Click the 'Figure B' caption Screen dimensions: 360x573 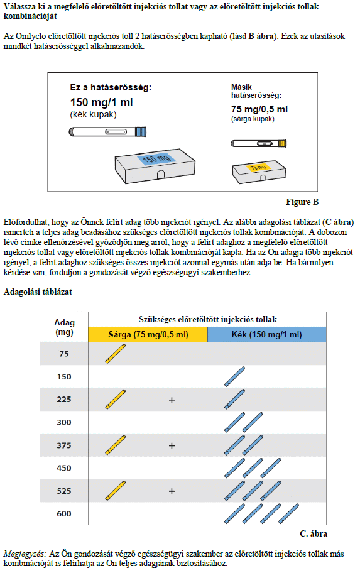click(302, 202)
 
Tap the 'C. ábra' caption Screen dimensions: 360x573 click(314, 533)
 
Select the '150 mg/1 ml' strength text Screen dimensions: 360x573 click(101, 102)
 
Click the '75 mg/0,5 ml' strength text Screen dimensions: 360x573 click(259, 109)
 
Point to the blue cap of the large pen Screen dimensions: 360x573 click(140, 131)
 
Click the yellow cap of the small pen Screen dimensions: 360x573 click(283, 143)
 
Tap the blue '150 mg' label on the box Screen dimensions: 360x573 click(157, 158)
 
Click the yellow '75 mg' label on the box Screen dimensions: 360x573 click(258, 167)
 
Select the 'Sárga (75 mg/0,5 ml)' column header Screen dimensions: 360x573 click(148, 335)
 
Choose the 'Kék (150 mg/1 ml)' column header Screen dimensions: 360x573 click(267, 335)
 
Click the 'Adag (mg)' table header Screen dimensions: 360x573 click(64, 327)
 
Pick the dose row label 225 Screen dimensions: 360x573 click(64, 400)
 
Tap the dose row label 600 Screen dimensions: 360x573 click(64, 514)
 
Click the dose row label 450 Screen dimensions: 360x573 click(64, 468)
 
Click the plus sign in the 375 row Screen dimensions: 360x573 click(172, 446)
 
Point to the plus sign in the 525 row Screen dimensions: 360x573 click(172, 491)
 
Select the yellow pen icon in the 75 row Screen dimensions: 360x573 click(116, 354)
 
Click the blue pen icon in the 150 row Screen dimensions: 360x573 click(234, 377)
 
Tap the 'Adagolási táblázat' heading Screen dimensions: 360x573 click(38, 292)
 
